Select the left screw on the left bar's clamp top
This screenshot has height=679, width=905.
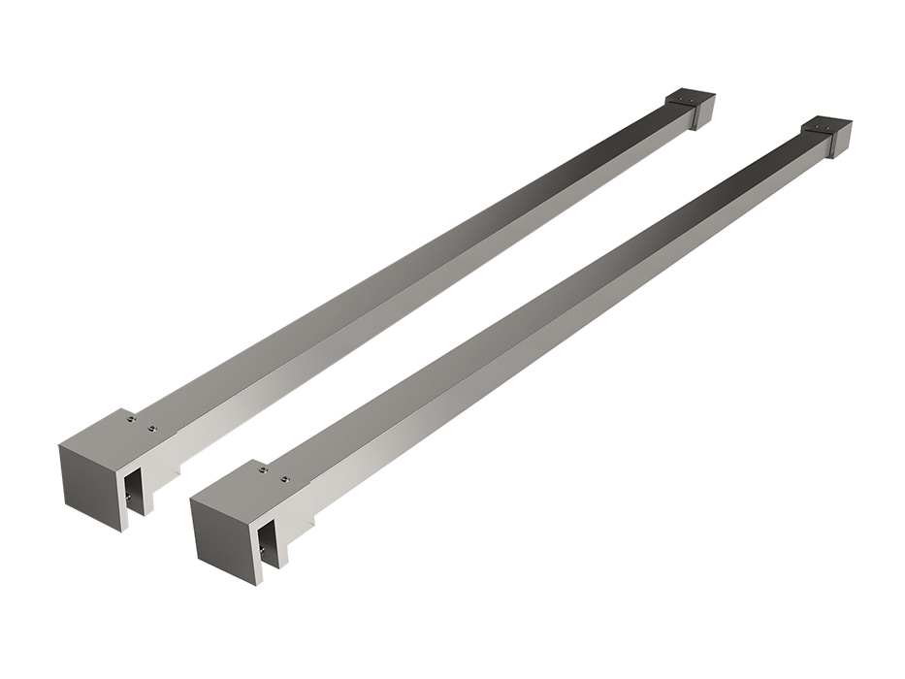point(131,419)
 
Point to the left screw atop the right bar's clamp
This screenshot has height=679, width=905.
point(263,470)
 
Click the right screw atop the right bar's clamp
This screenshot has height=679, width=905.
point(284,477)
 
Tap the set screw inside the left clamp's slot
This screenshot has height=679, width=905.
point(129,497)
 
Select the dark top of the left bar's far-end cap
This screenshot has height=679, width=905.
point(690,98)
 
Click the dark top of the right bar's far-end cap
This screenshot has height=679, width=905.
point(826,124)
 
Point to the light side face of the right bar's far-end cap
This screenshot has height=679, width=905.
point(840,142)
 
